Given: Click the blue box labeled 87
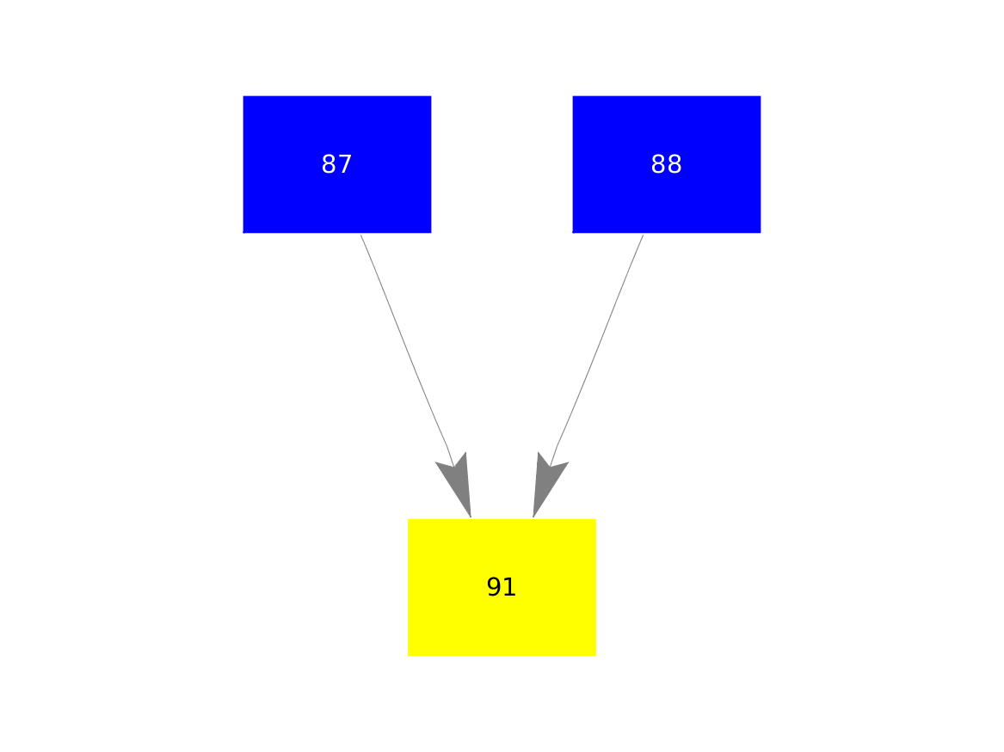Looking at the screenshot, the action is (x=336, y=164).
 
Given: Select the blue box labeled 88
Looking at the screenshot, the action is (x=667, y=164).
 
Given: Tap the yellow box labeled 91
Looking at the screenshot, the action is (x=502, y=587).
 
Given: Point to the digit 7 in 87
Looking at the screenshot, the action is (x=345, y=164).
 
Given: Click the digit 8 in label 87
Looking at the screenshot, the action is (x=330, y=164).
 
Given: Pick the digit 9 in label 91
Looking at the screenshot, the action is (x=494, y=586).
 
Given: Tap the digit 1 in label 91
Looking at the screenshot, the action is (x=509, y=587).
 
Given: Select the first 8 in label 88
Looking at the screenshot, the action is (x=658, y=164).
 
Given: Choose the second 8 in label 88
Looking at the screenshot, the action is (x=674, y=164).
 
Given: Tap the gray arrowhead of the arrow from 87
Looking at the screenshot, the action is (x=456, y=485).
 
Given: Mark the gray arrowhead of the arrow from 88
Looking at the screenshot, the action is (x=548, y=485).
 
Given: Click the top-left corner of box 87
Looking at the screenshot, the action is (x=243, y=96).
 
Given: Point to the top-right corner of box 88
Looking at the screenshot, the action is (x=761, y=96).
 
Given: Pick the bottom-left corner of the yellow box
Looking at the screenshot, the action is (x=409, y=656).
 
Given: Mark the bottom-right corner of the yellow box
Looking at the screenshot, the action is (x=595, y=656).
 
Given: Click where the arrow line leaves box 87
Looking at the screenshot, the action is (x=360, y=234).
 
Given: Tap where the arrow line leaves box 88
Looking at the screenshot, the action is (x=644, y=234).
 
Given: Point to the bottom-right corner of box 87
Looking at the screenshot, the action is (x=431, y=233).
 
